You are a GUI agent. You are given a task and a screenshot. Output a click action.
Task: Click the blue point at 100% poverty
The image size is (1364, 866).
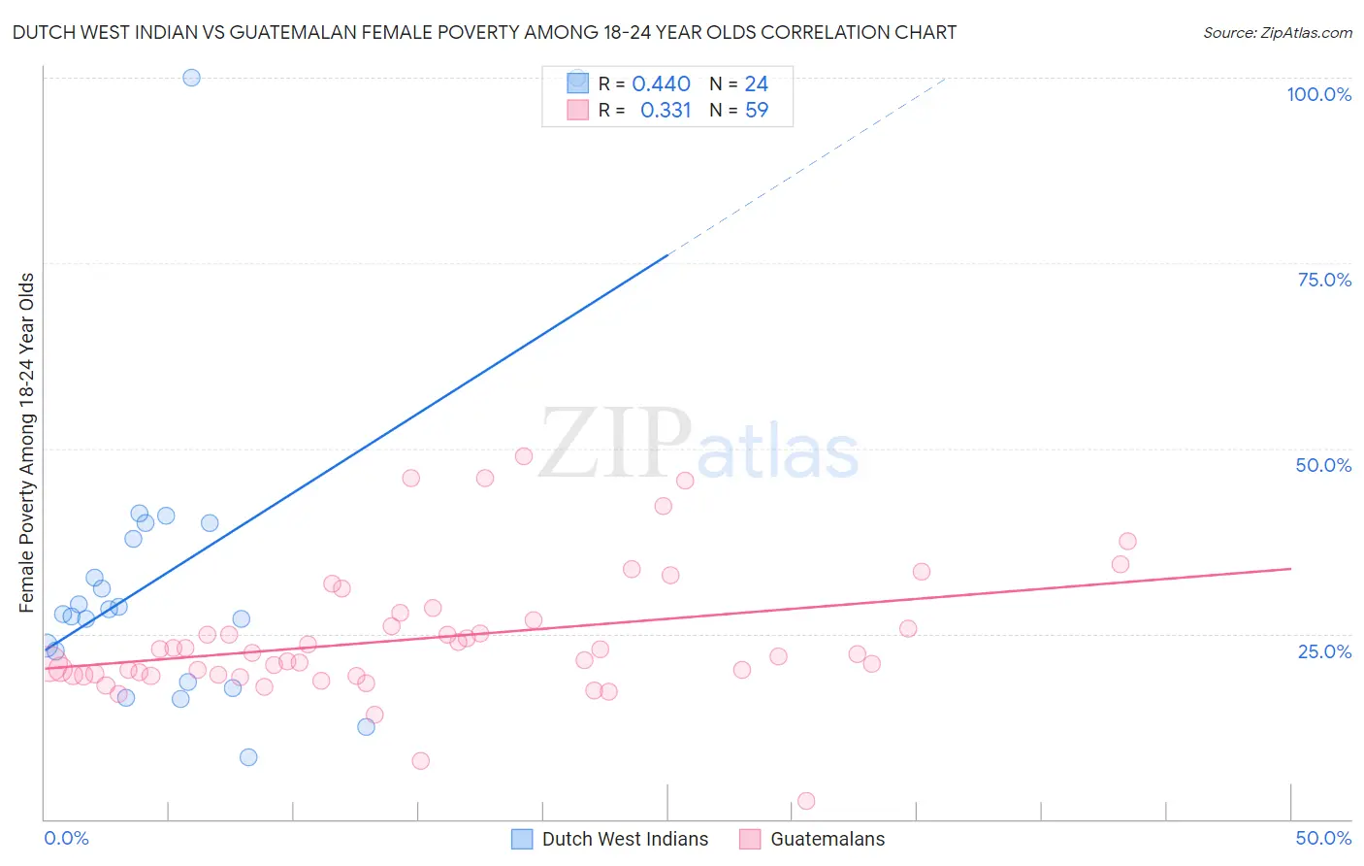[191, 78]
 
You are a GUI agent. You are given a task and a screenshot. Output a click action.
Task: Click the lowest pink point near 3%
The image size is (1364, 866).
[805, 801]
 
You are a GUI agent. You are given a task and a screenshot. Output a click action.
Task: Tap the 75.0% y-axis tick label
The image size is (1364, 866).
[1324, 280]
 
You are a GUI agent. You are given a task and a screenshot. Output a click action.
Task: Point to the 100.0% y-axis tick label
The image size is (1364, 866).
[1318, 94]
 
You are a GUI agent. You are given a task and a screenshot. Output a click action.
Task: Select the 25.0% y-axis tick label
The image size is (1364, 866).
[1324, 651]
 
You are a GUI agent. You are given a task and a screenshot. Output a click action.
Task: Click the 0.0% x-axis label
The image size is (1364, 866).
[66, 838]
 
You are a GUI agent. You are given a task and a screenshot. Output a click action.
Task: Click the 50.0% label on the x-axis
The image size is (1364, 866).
[1323, 838]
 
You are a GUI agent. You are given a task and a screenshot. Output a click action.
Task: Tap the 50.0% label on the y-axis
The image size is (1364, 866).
[1323, 465]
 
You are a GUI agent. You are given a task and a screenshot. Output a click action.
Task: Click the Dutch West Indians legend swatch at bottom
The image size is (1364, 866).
[522, 839]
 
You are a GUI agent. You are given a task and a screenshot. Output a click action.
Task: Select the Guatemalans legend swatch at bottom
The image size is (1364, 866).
[750, 839]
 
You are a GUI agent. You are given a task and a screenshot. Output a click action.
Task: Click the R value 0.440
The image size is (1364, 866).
[661, 84]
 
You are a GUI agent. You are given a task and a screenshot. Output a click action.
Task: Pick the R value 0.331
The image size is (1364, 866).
[666, 111]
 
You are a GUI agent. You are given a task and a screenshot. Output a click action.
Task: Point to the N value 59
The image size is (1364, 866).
[757, 111]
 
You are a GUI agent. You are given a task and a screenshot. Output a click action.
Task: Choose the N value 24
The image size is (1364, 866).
[757, 84]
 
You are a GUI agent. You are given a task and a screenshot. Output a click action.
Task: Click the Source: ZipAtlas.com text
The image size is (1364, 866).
[1277, 33]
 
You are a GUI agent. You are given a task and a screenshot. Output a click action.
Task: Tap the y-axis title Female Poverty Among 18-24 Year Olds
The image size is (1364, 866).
[27, 443]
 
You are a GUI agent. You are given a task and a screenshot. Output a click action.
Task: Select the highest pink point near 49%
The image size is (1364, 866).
[524, 456]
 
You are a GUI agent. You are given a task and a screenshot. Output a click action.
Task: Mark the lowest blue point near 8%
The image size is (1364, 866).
[248, 757]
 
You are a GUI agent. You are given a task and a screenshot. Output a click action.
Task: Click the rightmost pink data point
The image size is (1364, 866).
[1127, 541]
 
